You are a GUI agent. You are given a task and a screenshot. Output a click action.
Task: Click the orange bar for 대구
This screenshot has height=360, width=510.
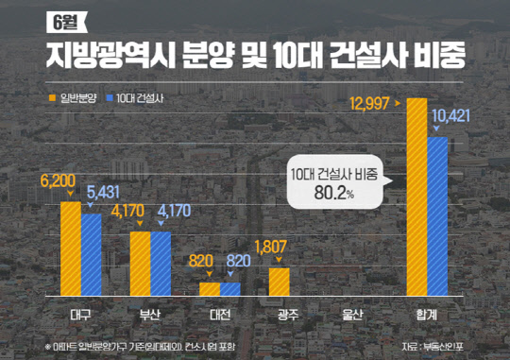(71, 248)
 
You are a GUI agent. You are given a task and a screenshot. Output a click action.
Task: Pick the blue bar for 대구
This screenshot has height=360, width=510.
(91, 254)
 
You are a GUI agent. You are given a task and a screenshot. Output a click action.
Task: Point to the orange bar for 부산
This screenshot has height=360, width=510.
(140, 264)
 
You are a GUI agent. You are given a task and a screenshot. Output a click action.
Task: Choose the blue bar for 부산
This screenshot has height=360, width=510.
(161, 264)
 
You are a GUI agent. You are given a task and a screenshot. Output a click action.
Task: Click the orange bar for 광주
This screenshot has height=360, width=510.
(279, 282)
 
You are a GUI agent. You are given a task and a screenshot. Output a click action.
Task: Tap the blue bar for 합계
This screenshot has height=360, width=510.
(437, 216)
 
